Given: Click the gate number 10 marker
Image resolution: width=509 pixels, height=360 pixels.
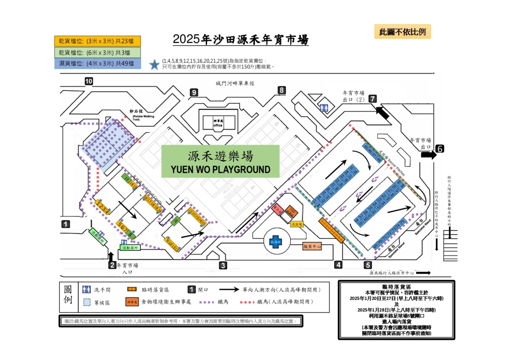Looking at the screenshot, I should point(89,82).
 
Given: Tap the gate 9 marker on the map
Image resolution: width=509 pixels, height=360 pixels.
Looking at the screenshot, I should point(194,92).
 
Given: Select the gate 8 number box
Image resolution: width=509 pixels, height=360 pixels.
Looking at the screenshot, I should point(282,90).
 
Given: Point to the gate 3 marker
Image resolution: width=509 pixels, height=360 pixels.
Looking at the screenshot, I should point(223,266).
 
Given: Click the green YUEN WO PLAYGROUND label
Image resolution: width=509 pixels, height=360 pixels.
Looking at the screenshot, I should point(220,161).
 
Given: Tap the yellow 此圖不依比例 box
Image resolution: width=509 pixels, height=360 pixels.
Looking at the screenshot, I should point(402,32).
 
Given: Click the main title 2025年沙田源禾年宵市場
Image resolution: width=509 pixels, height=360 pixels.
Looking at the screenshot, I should point(241,39).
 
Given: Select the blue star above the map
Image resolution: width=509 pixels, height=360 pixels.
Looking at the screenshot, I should point(154,65).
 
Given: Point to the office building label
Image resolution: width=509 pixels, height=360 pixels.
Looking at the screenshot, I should point(218,123).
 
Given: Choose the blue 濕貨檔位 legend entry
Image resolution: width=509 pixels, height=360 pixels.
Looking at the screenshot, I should point(98,64).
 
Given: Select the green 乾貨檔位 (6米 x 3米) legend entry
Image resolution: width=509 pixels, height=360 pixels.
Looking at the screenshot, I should point(98,53).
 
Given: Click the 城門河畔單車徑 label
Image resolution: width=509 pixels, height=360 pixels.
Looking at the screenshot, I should point(235,84).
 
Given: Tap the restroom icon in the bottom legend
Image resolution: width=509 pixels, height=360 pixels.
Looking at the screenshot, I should point(87,290).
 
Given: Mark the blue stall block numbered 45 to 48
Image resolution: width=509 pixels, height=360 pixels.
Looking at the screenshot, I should point(371,152).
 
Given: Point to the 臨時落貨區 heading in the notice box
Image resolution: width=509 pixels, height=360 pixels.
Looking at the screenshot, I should point(396,287).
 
